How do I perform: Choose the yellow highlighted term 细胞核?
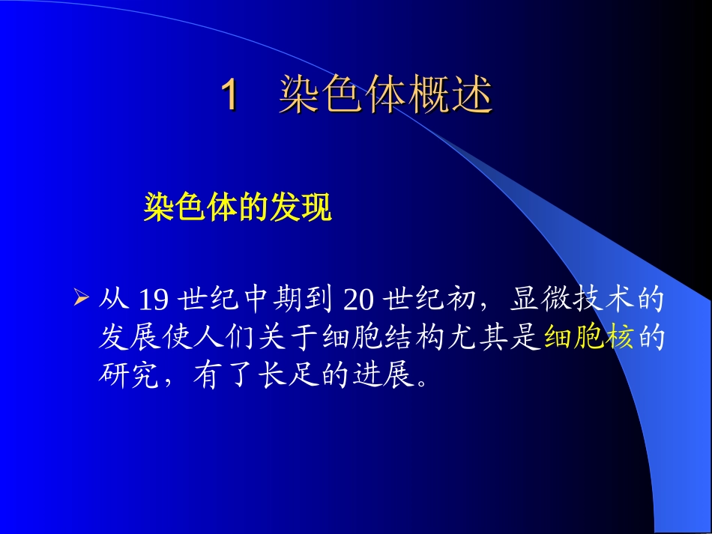[x=589, y=339]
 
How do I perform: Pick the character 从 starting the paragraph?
[x=113, y=300]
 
